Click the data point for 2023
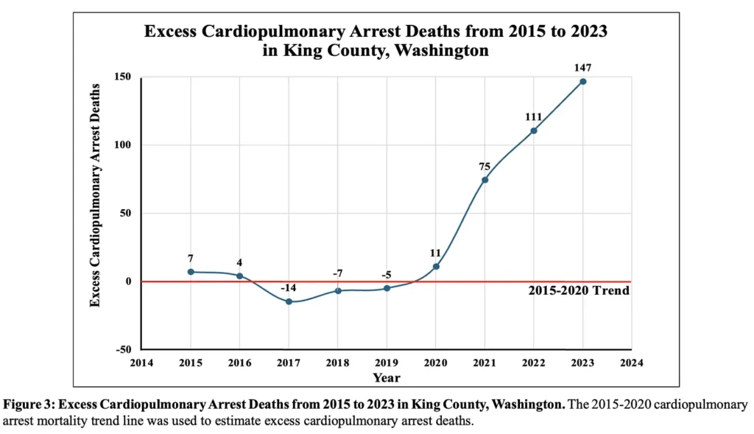583,81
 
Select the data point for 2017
289,301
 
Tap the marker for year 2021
485,180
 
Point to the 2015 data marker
191,272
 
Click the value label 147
583,68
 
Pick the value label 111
534,116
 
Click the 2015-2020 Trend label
579,291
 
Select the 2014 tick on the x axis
141,363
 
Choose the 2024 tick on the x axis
632,363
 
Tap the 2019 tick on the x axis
387,363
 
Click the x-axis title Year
387,377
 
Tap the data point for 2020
436,266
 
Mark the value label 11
435,253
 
